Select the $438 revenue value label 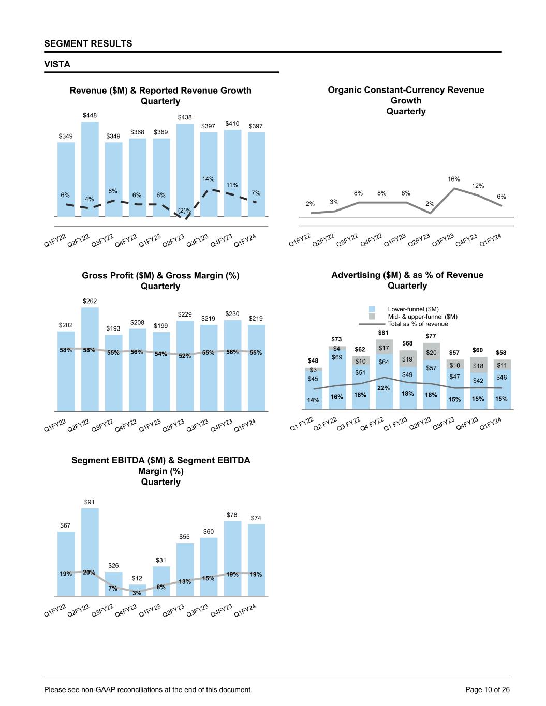click(185, 118)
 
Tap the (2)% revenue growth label click(184, 211)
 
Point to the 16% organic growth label click(453, 179)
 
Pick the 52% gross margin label click(185, 356)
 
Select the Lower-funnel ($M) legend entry click(413, 309)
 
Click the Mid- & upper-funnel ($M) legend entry click(422, 317)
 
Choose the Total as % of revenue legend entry click(418, 324)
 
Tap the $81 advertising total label click(383, 333)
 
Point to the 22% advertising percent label click(383, 388)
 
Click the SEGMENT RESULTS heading click(88, 43)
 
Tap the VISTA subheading click(57, 64)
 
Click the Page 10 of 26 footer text click(488, 689)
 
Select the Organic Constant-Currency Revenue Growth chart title click(406, 100)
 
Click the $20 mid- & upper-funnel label click(431, 352)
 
